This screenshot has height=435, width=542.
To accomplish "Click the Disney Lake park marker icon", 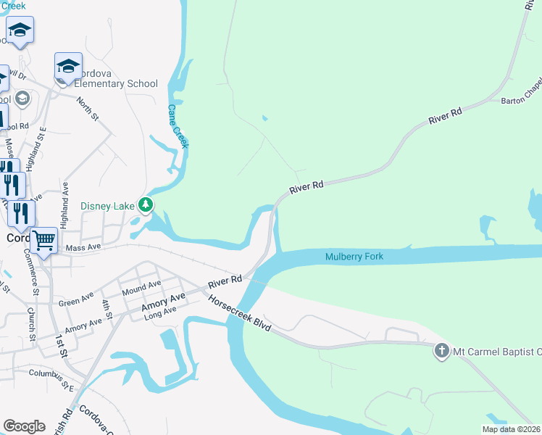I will (146, 205).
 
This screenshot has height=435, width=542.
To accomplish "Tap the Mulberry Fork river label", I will (354, 257).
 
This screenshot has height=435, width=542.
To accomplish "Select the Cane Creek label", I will (178, 126).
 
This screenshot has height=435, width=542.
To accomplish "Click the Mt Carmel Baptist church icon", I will (441, 352).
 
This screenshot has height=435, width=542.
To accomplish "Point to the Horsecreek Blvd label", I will (239, 314).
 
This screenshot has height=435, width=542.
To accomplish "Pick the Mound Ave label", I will (142, 287).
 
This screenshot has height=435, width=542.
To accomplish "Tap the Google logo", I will (25, 426).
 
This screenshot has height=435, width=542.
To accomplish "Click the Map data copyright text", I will (511, 429).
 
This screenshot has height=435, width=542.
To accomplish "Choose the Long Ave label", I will (160, 312).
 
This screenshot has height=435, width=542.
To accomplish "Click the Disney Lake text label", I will (107, 206).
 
